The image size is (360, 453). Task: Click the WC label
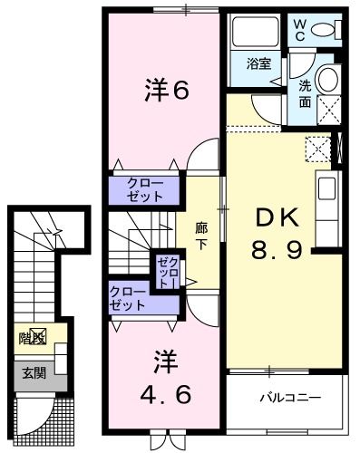(297, 30)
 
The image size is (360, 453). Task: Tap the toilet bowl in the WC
(325, 29)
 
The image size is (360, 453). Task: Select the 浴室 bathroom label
(258, 63)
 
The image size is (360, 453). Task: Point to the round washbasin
(327, 79)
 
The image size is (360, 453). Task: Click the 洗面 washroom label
(305, 95)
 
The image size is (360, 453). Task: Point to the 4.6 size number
(164, 396)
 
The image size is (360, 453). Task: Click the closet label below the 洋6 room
(146, 188)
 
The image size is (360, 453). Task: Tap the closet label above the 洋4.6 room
(127, 298)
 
